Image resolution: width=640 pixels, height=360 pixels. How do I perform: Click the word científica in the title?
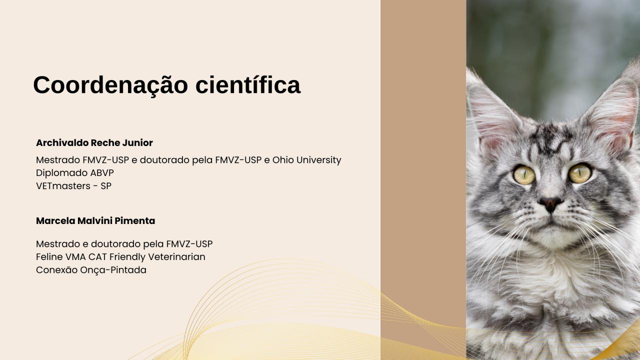[x=247, y=85]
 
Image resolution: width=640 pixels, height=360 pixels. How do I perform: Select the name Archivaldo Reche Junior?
[x=94, y=143]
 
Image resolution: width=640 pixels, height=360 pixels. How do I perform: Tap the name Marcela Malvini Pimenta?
[x=95, y=221]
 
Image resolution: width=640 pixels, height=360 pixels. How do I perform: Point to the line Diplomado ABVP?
[x=75, y=173]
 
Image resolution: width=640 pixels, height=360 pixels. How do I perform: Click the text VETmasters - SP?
[x=73, y=186]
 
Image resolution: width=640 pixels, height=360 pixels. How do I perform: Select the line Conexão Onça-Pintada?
[x=91, y=270]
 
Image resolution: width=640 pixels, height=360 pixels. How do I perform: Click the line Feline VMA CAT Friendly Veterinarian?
[x=120, y=257]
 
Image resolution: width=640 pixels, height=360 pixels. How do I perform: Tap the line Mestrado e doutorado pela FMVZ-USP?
[x=124, y=244]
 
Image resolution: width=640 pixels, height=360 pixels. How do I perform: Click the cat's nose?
[x=550, y=203]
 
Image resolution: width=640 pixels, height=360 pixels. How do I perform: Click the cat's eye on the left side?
[x=524, y=175]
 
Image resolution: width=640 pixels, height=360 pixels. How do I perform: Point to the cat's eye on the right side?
[x=580, y=173]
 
